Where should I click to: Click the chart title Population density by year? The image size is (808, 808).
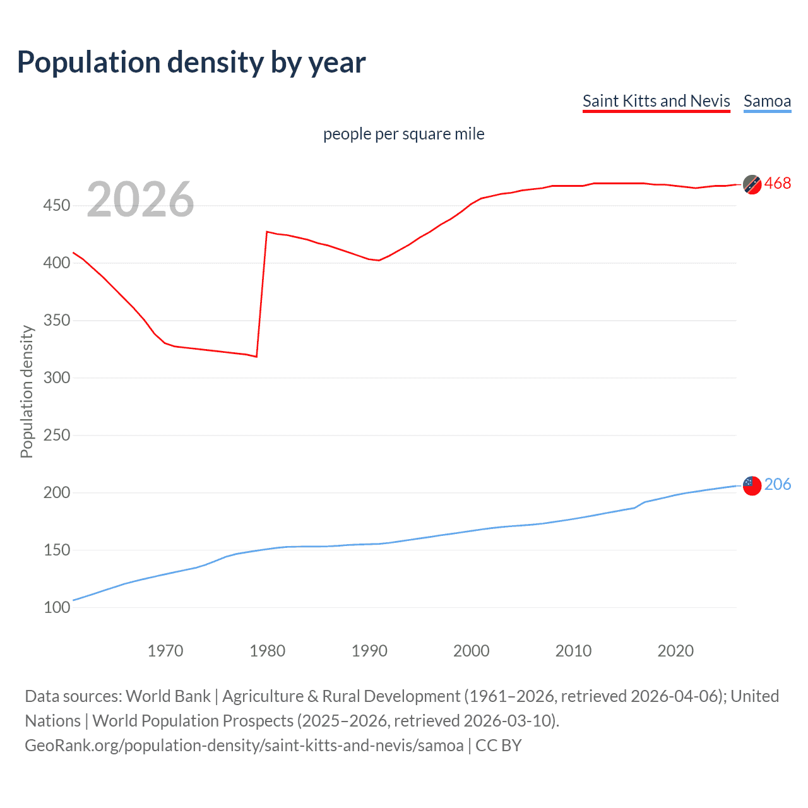tap(191, 62)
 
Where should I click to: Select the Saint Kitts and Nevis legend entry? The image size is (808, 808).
tap(656, 101)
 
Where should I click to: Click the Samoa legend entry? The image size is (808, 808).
tap(767, 101)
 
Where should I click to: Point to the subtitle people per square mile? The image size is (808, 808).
tap(403, 134)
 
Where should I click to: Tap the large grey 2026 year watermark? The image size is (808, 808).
tap(140, 199)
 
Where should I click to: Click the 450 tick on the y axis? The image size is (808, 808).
tap(57, 206)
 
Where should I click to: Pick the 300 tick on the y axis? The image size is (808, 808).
tap(57, 378)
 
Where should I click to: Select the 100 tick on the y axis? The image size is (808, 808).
tap(57, 607)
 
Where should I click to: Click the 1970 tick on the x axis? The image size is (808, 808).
tap(165, 651)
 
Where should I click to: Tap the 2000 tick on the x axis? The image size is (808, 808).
tap(472, 651)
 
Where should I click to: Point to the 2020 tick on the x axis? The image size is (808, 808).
tap(675, 651)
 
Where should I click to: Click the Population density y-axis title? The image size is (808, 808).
tap(27, 391)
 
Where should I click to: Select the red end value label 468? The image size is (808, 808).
tap(777, 184)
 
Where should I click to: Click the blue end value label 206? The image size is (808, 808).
tap(777, 484)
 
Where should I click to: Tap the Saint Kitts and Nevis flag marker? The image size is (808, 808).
tap(752, 184)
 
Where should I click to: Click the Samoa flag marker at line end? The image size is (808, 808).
tap(752, 485)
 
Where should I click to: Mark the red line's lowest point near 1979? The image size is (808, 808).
tap(256, 357)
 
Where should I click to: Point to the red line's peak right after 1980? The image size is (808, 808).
tap(267, 232)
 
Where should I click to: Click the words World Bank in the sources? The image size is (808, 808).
tap(168, 696)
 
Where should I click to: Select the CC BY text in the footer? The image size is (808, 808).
tap(498, 746)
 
